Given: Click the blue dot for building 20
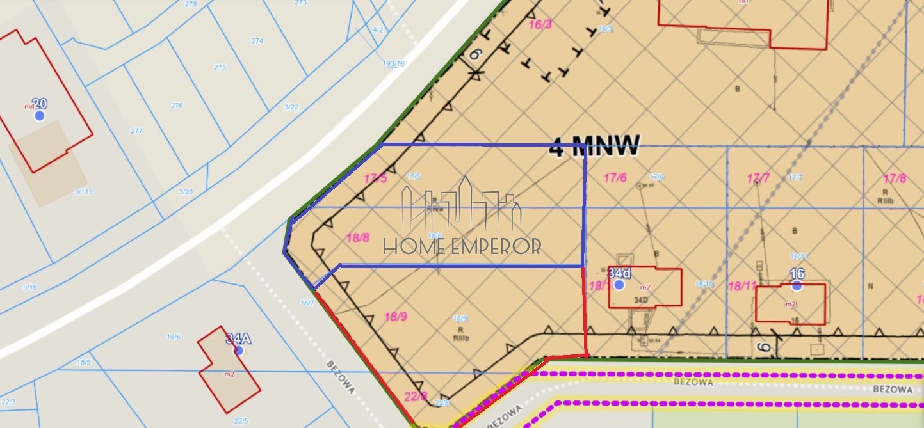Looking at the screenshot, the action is [x=40, y=115].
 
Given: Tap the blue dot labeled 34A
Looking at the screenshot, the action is [x=239, y=351].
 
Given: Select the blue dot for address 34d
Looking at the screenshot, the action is [x=619, y=285].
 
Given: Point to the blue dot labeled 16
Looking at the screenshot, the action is [x=797, y=286].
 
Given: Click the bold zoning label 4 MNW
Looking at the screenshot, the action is [x=594, y=147].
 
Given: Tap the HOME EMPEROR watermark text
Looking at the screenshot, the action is [x=462, y=246].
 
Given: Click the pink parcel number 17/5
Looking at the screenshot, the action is [x=375, y=178].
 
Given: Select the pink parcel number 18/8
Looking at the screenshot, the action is [x=357, y=237].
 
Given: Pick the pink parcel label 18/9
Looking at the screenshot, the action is [x=396, y=316].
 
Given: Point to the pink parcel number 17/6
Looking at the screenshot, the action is [x=615, y=178].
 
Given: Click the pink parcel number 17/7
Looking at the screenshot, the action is [x=758, y=178].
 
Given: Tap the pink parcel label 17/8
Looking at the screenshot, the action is [x=895, y=178].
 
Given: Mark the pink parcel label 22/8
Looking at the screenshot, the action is [x=416, y=396].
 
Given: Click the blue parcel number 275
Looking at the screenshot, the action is [x=220, y=67].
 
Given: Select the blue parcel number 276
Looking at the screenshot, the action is [x=177, y=106].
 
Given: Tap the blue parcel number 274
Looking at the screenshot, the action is [x=257, y=41].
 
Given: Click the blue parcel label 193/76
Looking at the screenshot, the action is [x=393, y=63].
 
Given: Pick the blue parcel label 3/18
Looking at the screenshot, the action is [x=29, y=287].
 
